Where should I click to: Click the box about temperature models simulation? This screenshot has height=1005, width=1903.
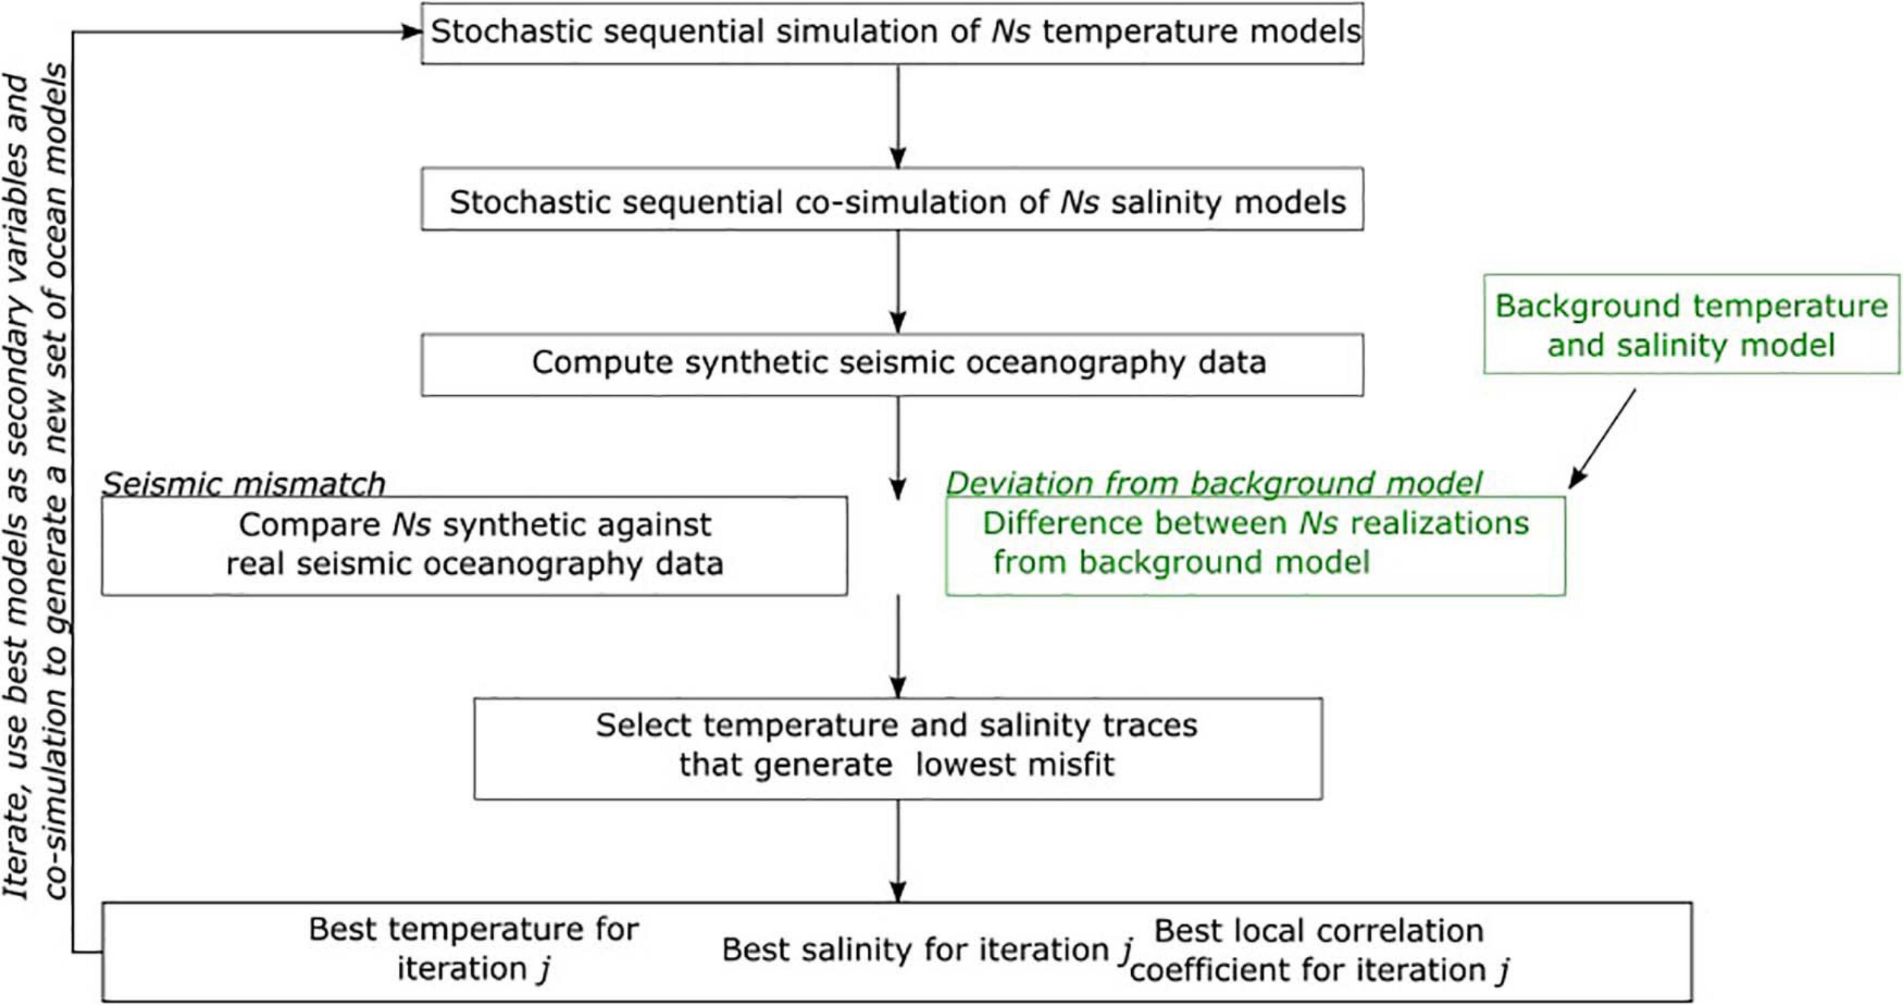click(x=892, y=33)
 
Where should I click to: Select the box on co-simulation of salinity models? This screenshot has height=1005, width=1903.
click(x=892, y=199)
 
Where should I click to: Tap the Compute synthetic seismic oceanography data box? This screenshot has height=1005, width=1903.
click(x=892, y=365)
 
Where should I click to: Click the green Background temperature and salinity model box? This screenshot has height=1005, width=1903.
click(x=1691, y=324)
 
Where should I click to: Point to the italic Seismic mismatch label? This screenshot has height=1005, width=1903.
click(x=244, y=484)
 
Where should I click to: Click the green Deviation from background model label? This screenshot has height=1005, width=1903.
click(x=1213, y=483)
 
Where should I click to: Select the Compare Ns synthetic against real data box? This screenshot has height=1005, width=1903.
click(x=474, y=545)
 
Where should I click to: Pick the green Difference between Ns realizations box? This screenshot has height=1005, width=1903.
click(x=1255, y=545)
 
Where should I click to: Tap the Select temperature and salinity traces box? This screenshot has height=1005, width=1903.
click(x=897, y=748)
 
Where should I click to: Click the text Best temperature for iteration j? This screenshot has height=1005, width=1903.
click(x=473, y=949)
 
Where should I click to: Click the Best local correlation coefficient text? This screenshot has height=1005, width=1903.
click(x=1319, y=951)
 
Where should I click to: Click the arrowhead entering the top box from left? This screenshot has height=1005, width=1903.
click(x=411, y=32)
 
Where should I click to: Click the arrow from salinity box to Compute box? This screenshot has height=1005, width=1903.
click(x=898, y=282)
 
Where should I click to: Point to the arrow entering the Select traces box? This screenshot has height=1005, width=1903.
click(x=898, y=647)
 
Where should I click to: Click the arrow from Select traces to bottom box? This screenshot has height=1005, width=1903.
click(x=898, y=851)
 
